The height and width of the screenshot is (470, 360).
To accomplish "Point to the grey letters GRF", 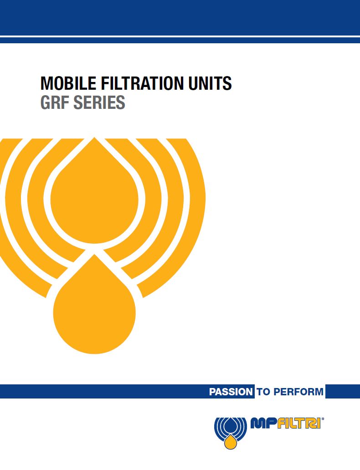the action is point(55,102).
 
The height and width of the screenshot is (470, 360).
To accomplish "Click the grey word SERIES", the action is point(99,102).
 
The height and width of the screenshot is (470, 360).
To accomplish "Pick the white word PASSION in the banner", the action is point(231,392).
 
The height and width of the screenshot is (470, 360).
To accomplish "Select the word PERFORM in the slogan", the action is point(298,392).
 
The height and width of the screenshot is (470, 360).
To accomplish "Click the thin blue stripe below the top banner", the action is point(180,40).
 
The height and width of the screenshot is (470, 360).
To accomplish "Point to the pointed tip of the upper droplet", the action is point(94,138).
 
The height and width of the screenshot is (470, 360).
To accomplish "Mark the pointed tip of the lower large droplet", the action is point(94,255).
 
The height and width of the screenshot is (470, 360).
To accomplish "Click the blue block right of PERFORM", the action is point(343,392).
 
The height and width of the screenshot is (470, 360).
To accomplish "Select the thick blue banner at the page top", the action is point(180,18).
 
